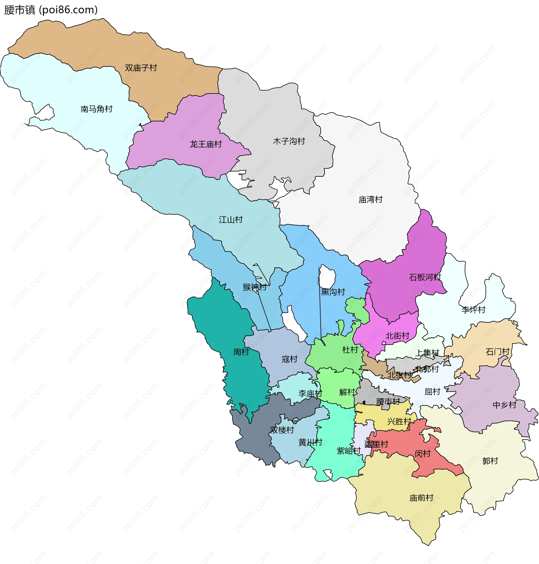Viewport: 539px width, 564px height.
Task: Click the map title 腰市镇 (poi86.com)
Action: coord(51,10)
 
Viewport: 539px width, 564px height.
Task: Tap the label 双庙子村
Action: coord(141,68)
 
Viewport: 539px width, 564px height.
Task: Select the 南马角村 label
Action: coord(97,109)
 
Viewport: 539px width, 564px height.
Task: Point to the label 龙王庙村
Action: coord(206,144)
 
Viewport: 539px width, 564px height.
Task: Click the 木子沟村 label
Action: coord(289,141)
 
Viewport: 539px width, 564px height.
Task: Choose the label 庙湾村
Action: coord(370,199)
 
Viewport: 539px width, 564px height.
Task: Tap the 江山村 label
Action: coord(231,220)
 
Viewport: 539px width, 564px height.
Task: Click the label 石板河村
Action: coord(425,277)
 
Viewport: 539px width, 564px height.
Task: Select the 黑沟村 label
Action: coord(333,292)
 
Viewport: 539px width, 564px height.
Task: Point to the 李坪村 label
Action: coord(473,310)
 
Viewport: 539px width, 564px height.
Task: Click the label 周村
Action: coord(241,352)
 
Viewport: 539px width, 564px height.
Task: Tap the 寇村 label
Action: coord(289,359)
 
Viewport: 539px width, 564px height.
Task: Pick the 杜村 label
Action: coord(350,350)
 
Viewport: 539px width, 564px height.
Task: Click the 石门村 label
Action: coord(497,352)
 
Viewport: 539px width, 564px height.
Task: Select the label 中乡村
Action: coord(504,405)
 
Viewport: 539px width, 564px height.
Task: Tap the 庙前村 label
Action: coord(421,498)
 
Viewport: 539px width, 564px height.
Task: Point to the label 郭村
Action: coord(490,461)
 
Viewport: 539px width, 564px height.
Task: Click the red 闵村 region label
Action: coord(422,454)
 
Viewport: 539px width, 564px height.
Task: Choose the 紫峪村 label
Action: coord(348,451)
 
